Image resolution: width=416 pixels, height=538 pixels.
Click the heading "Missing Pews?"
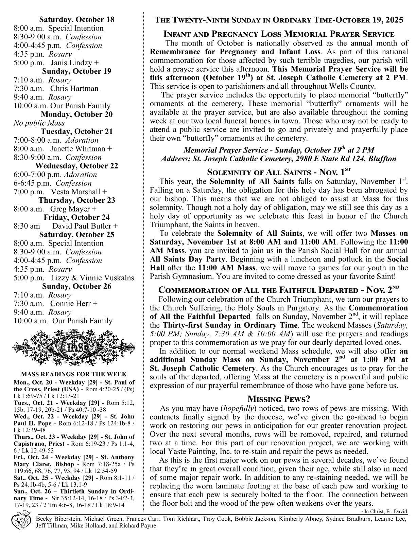(x=279, y=399)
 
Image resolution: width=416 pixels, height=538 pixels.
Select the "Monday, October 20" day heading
(x=76, y=114)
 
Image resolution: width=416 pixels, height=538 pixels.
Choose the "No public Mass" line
(x=39, y=123)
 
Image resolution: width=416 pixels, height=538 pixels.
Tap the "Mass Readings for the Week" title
(x=74, y=375)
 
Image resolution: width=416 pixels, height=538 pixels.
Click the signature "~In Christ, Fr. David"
(x=384, y=512)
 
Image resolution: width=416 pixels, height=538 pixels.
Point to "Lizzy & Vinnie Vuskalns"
(x=92, y=278)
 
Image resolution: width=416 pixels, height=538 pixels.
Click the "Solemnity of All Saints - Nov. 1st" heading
(x=279, y=172)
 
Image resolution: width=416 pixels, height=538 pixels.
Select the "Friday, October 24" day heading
(x=76, y=217)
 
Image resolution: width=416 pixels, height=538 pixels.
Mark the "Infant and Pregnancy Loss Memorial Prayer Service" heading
(x=279, y=34)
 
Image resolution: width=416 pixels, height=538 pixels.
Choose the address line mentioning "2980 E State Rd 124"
(x=279, y=159)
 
